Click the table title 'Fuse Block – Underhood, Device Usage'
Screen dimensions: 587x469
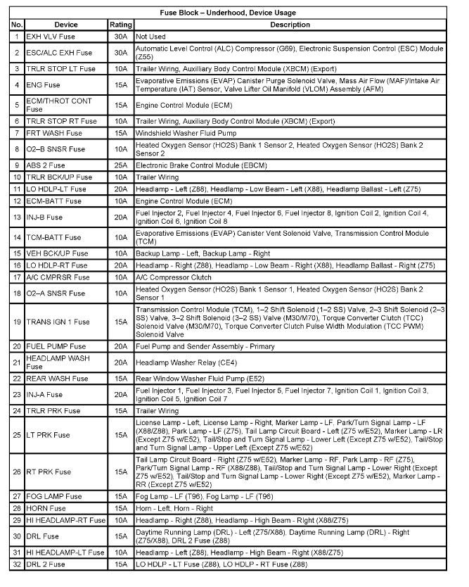point(234,12)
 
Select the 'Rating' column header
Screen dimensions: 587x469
point(121,25)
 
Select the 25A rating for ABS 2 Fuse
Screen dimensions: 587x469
point(121,165)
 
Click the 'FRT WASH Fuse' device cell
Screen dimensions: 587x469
point(51,132)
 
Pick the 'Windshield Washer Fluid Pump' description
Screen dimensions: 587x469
point(186,132)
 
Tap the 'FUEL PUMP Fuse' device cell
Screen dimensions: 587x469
point(56,346)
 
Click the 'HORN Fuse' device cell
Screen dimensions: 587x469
point(46,508)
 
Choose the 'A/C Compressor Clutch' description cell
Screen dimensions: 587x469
point(173,277)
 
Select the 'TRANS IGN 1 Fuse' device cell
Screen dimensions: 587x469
point(58,322)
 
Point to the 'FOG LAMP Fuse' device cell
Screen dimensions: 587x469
point(53,497)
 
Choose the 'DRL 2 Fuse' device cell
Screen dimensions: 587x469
point(46,564)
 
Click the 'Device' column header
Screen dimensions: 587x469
point(65,25)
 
